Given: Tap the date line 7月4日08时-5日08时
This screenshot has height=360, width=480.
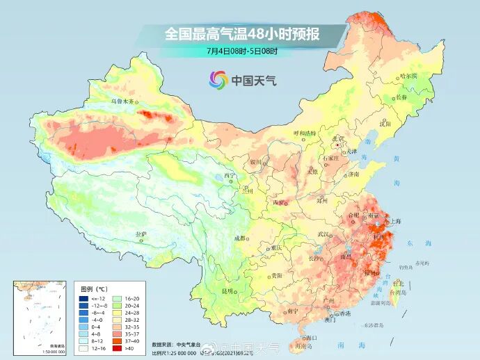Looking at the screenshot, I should click(x=241, y=51).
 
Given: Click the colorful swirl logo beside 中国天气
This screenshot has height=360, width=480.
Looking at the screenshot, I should click(x=218, y=80).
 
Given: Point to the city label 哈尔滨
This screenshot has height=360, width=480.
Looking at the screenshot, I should click(x=408, y=76).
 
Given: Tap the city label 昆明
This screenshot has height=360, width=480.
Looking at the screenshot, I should click(x=227, y=291).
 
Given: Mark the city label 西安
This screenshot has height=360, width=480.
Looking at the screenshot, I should click(x=279, y=202).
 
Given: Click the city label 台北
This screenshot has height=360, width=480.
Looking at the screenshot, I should click(x=398, y=284).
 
